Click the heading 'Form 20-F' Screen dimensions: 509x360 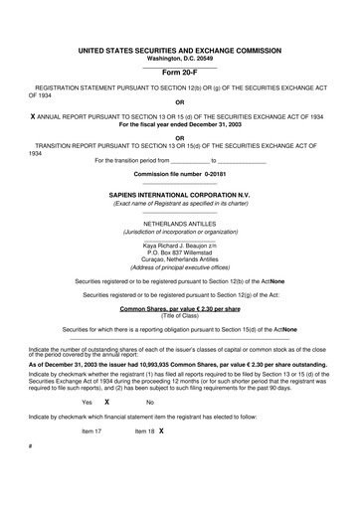tap(179, 72)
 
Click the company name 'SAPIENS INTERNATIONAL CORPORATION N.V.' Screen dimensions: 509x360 tap(179, 197)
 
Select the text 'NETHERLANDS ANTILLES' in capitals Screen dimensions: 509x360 tap(179, 226)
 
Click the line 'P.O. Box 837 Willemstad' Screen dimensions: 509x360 tap(179, 254)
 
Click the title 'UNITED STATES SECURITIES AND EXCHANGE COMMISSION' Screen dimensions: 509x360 tap(179, 49)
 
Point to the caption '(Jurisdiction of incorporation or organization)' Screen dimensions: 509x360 tap(179, 233)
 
